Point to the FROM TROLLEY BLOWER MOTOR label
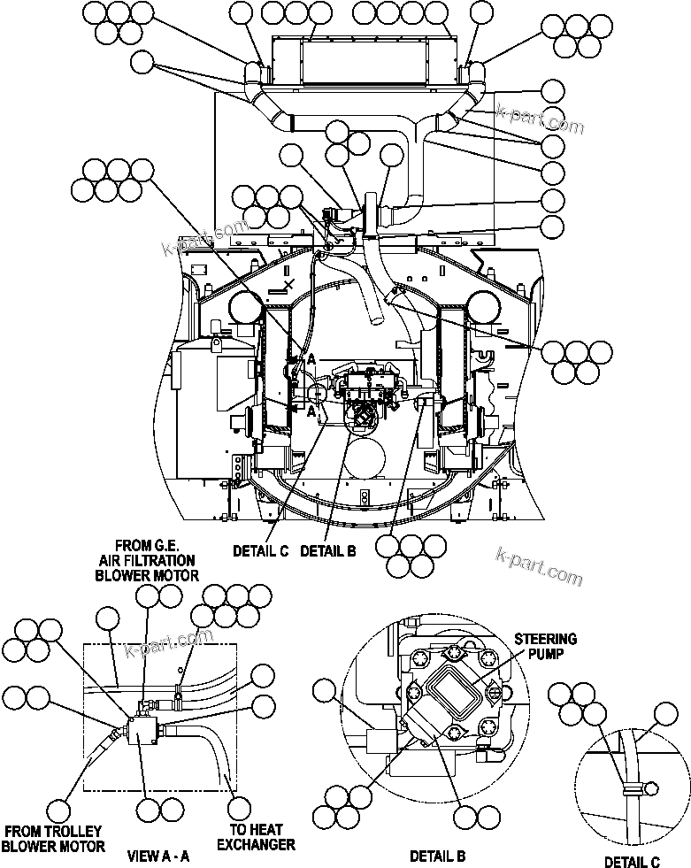tap(53, 838)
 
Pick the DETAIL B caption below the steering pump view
tap(437, 856)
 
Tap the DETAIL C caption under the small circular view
tap(632, 862)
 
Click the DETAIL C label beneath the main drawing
tap(260, 550)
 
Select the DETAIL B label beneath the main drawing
tap(327, 550)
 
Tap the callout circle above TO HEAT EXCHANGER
tap(241, 808)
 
